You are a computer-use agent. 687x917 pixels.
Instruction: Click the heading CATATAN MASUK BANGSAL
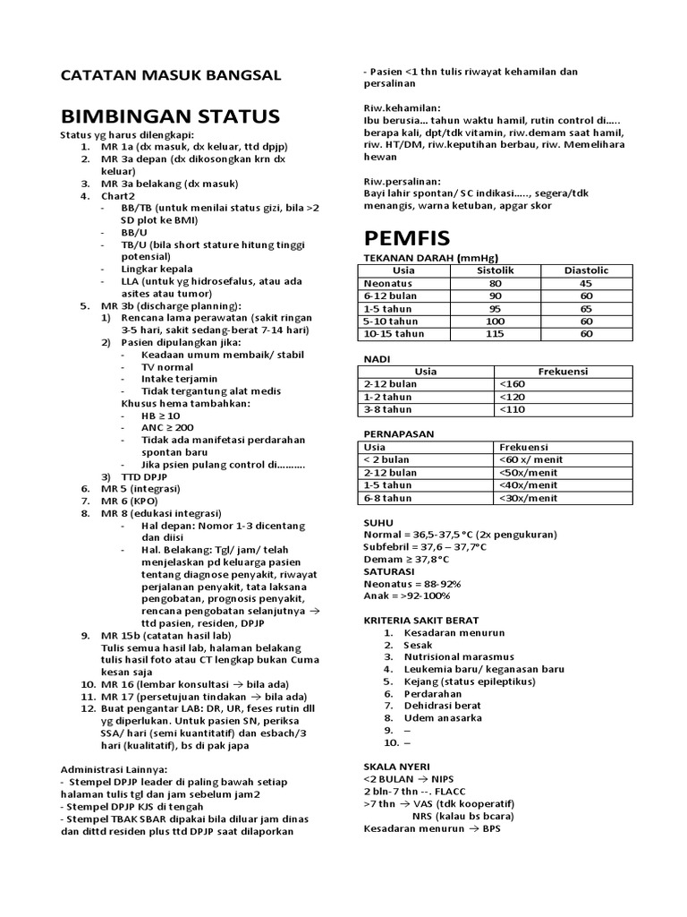tap(170, 75)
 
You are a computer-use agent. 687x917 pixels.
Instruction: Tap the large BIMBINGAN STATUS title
tap(170, 116)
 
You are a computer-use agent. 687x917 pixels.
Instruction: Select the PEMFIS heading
tap(406, 238)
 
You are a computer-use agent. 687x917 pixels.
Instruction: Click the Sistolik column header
tap(495, 270)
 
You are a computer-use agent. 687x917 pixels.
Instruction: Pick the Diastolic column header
tap(586, 270)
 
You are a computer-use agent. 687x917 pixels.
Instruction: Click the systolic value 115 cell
tap(495, 333)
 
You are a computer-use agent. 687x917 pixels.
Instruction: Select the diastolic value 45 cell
tap(586, 283)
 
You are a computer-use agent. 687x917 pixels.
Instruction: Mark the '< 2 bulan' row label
tap(386, 459)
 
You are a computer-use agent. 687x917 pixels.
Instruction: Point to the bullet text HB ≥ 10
tap(160, 416)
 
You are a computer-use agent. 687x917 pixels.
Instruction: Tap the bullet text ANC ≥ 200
tap(165, 427)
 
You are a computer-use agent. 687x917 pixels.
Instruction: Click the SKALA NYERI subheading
tap(396, 767)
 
